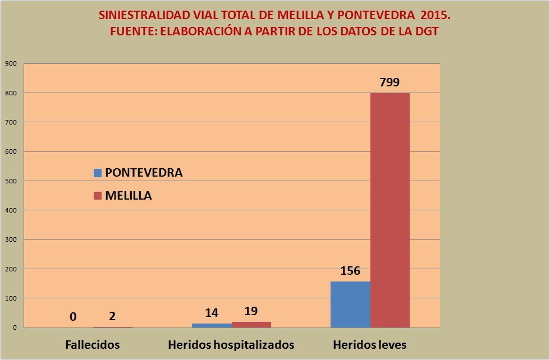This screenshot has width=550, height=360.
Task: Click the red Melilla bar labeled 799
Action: click(x=389, y=210)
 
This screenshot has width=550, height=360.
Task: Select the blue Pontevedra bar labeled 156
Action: click(x=350, y=304)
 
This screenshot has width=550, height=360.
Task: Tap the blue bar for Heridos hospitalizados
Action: click(x=212, y=325)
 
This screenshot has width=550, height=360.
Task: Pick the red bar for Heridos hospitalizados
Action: click(x=251, y=324)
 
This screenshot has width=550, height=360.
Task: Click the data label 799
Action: click(x=389, y=82)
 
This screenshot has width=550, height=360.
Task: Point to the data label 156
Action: click(x=350, y=271)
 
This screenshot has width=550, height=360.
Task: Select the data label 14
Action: click(x=212, y=313)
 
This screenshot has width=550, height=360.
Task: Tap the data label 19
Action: click(x=251, y=311)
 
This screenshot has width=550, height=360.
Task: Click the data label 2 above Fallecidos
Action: click(x=112, y=316)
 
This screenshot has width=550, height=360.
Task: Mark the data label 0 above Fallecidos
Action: click(x=73, y=317)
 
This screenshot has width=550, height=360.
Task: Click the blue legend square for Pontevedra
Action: click(x=98, y=173)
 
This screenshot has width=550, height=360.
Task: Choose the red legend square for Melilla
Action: click(x=98, y=196)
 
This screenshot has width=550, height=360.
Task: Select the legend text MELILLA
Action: click(x=129, y=196)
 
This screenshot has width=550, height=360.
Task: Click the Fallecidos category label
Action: click(x=93, y=344)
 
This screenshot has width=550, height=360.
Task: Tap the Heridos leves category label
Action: click(x=370, y=344)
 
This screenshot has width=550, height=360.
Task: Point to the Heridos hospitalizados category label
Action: click(x=231, y=344)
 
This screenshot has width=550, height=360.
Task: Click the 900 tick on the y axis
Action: click(x=11, y=63)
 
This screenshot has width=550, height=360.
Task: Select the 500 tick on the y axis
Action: click(x=11, y=181)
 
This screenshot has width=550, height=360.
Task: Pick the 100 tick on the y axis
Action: click(x=11, y=298)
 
